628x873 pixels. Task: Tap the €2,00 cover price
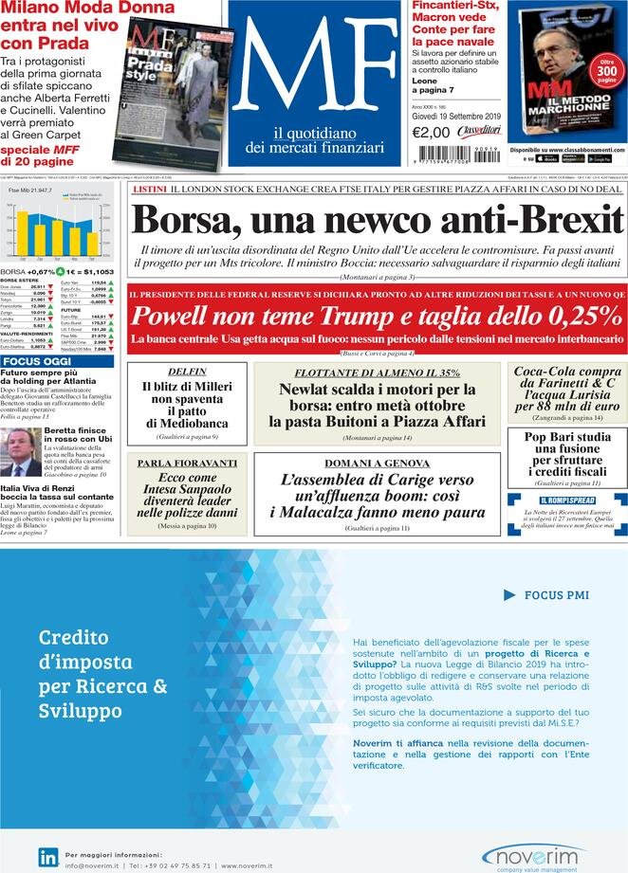[x=431, y=133]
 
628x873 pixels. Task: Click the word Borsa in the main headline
[x=186, y=220]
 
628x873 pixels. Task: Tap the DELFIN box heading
[x=187, y=372]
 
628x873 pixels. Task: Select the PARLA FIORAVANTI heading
[x=187, y=463]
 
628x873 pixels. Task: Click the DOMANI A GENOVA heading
[x=377, y=463]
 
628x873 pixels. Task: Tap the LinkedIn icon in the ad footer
[x=47, y=857]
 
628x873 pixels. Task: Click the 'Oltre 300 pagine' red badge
[x=606, y=72]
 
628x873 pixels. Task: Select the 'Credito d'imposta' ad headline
[x=103, y=673]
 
